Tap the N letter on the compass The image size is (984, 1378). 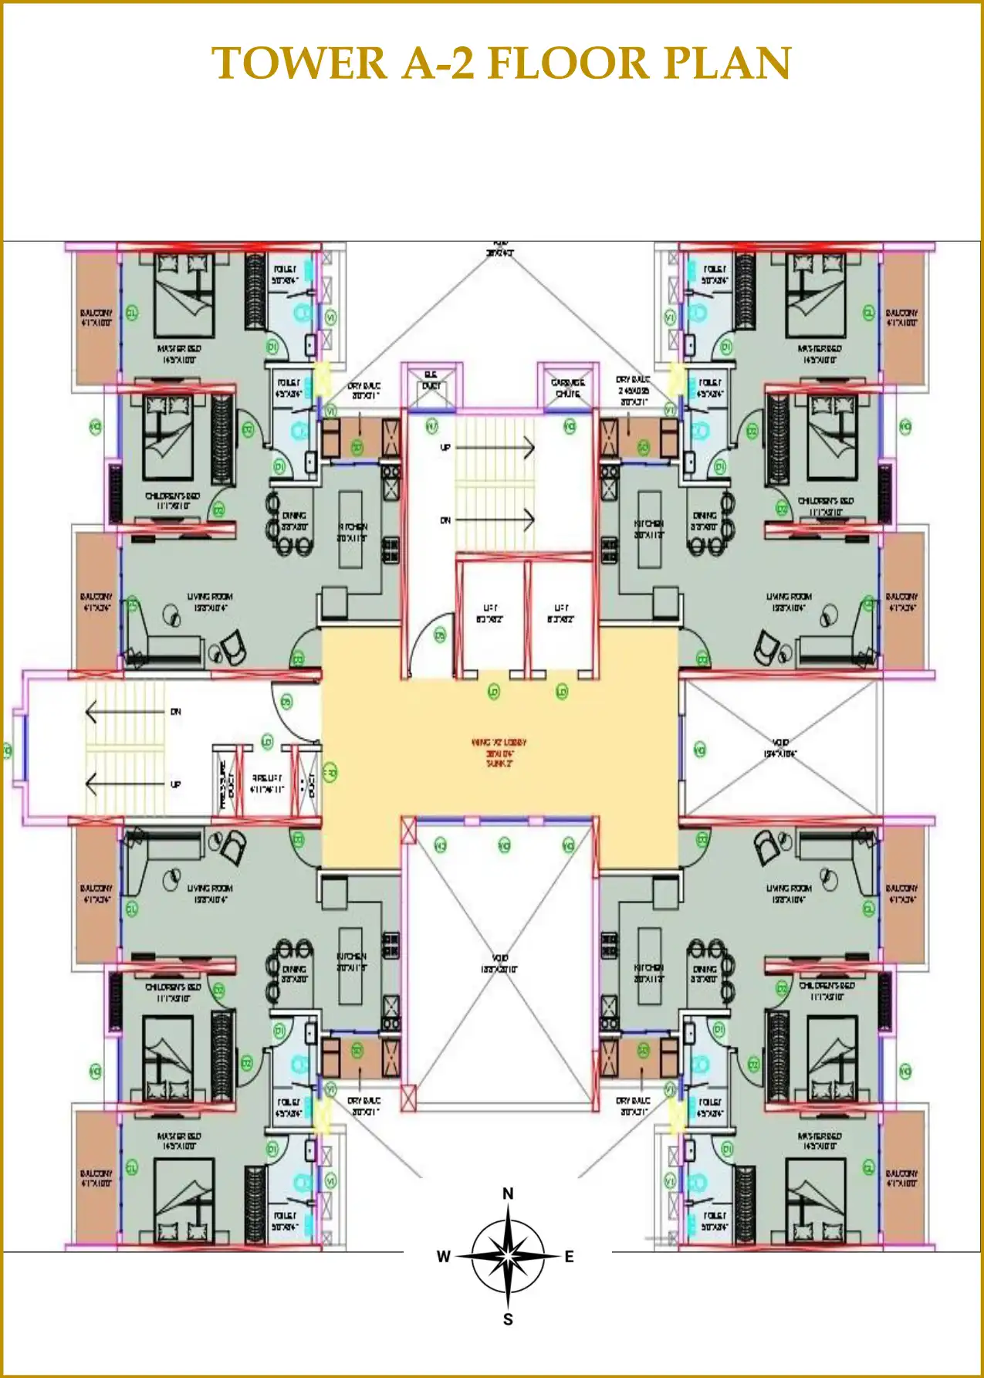508,1193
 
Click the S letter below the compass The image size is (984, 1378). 508,1319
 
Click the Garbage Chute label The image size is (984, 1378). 567,388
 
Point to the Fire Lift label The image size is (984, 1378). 267,784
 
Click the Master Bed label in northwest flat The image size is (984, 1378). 179,354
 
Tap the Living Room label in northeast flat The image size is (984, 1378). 789,601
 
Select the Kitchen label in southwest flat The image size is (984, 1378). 351,960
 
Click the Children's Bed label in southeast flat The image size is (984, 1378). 827,990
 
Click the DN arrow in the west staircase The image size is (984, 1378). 127,711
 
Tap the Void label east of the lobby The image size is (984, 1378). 780,747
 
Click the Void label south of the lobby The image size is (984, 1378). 499,963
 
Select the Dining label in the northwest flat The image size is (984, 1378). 293,520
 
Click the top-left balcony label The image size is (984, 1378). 96,317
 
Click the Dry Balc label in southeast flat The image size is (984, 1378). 633,1105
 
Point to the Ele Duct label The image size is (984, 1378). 431,380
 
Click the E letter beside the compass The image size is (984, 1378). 569,1257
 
